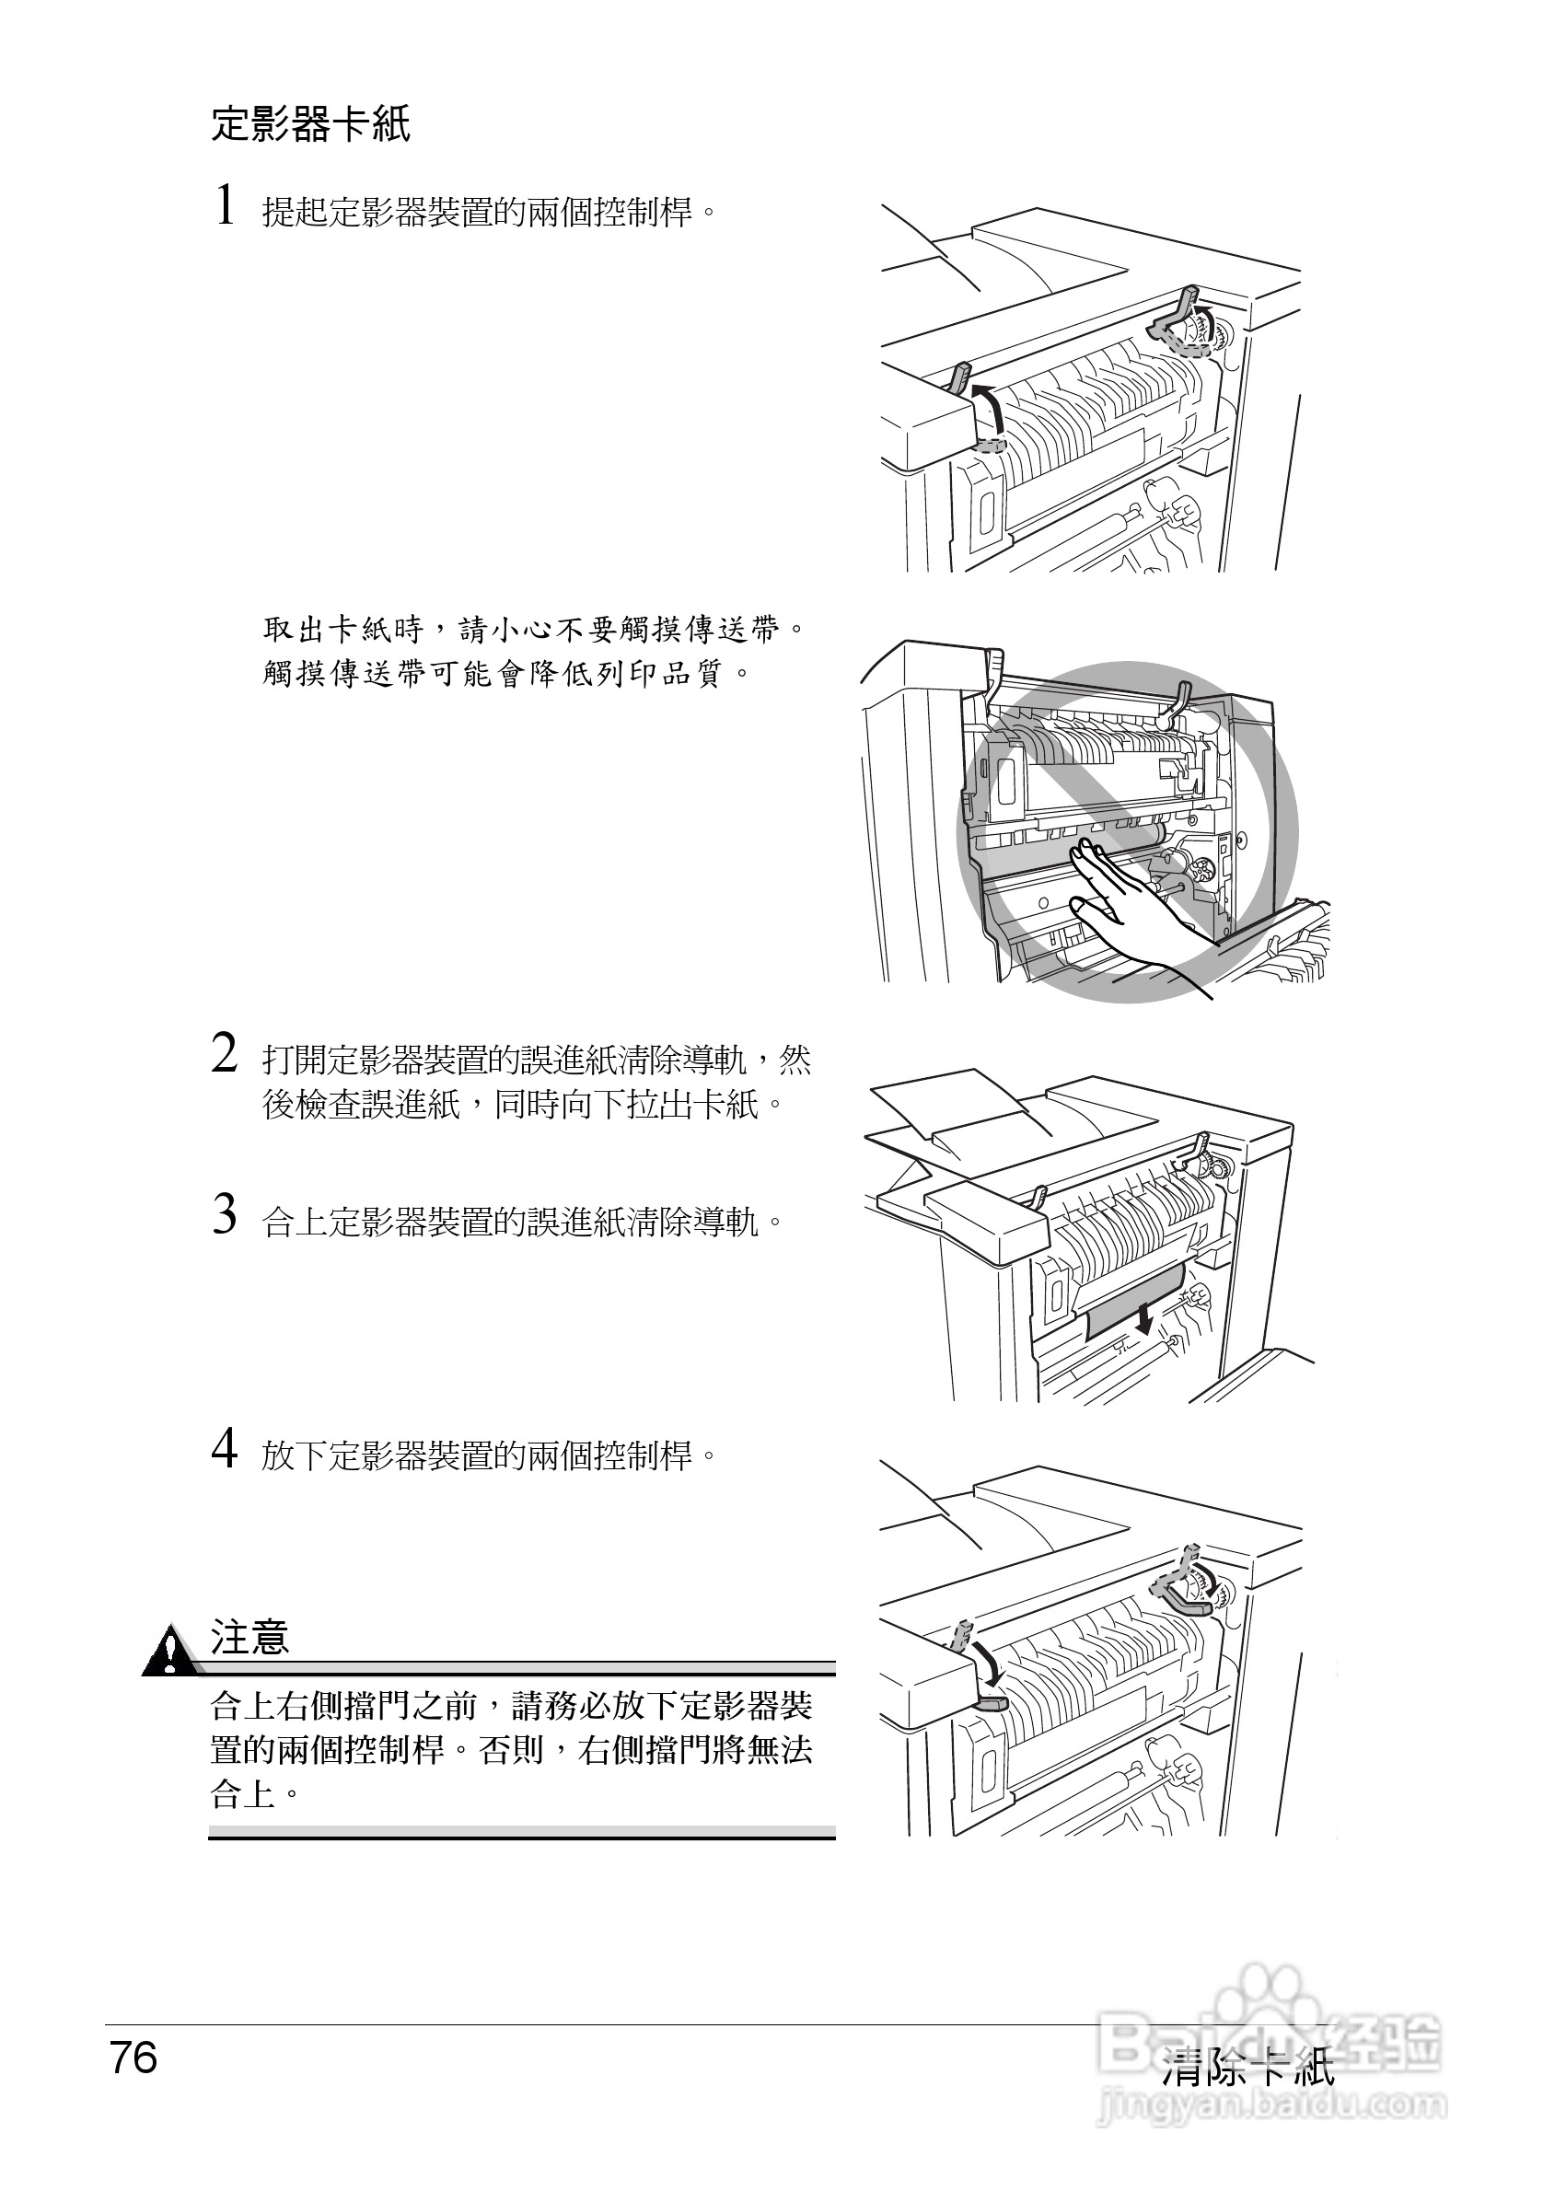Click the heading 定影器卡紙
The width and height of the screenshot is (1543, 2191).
pos(310,125)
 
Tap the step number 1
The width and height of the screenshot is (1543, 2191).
pos(226,206)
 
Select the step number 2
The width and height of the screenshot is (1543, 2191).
pos(225,1055)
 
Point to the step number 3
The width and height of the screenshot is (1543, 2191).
pos(225,1216)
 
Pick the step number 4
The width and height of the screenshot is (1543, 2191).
pos(225,1450)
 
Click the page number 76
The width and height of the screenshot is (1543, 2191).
pos(133,2058)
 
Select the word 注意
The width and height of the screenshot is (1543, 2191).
pos(249,1639)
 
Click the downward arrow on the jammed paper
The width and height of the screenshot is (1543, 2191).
pos(1143,1318)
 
